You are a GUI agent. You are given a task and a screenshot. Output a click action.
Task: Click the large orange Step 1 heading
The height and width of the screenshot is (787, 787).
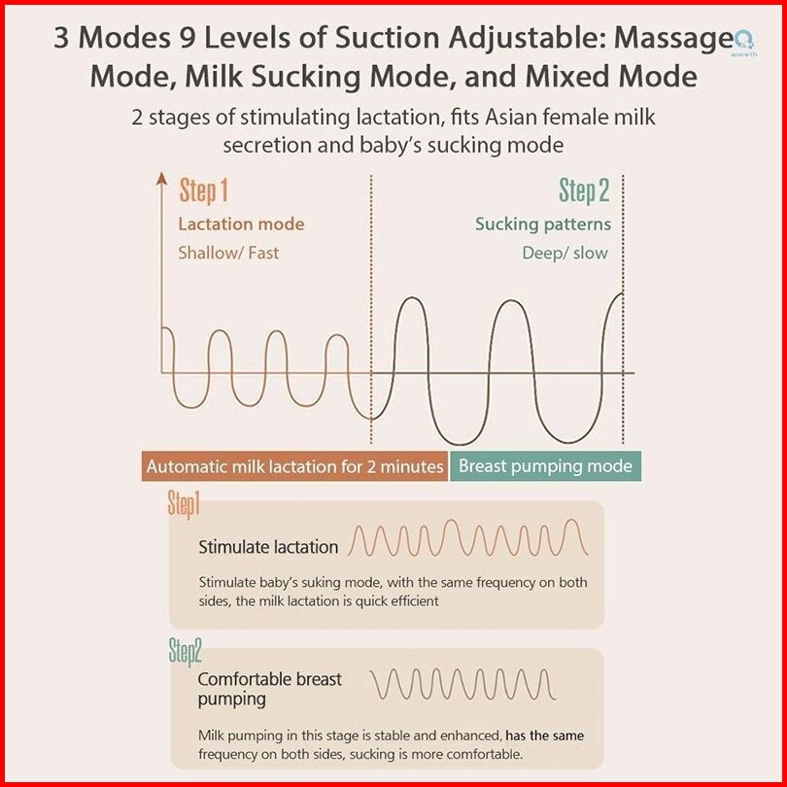tap(203, 190)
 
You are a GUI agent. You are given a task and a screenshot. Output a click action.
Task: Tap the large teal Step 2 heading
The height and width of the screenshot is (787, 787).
tap(584, 190)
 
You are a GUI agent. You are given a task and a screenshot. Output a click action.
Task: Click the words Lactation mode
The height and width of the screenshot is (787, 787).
tap(241, 223)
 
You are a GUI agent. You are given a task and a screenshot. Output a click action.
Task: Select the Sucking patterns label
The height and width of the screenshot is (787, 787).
tap(543, 224)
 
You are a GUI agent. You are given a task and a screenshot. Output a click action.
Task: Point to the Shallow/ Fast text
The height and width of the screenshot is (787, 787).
tap(228, 253)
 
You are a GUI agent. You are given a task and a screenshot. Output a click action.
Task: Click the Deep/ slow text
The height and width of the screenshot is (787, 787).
tap(565, 253)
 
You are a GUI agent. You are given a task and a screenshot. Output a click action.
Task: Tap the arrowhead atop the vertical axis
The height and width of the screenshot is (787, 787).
tap(161, 178)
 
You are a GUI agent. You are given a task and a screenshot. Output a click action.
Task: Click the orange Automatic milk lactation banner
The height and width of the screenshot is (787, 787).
tap(294, 466)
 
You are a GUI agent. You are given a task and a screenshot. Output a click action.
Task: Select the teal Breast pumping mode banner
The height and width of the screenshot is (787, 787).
tap(545, 466)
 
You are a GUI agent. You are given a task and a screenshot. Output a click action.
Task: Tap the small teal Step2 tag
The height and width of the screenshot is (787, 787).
tap(185, 652)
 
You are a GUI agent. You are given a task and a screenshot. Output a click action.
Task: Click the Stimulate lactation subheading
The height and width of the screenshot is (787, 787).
tap(268, 547)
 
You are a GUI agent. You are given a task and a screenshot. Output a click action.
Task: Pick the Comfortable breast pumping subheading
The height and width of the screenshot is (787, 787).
tap(269, 689)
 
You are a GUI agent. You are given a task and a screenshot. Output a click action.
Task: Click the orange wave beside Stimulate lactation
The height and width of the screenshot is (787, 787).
tap(467, 538)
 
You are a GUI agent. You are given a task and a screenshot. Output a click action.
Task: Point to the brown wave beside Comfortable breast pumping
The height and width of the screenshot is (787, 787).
tap(462, 684)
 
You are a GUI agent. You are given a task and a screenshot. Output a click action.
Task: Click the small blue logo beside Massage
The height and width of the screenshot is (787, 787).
tap(744, 41)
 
